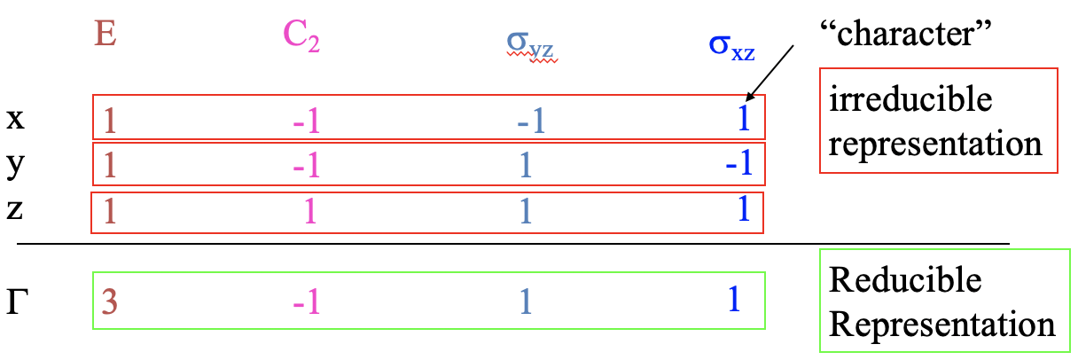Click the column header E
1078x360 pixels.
pyautogui.click(x=105, y=35)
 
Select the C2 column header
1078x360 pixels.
pyautogui.click(x=301, y=36)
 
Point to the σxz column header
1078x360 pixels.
pyautogui.click(x=731, y=47)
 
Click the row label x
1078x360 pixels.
pyautogui.click(x=15, y=119)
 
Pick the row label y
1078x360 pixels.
pyautogui.click(x=15, y=165)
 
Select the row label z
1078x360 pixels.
pyautogui.click(x=14, y=209)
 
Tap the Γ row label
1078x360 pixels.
pyautogui.click(x=17, y=301)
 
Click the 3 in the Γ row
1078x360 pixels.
pyautogui.click(x=110, y=301)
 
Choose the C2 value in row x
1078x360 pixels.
pyautogui.click(x=307, y=121)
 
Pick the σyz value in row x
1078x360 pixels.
pyautogui.click(x=531, y=121)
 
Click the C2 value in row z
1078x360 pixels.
pyautogui.click(x=310, y=211)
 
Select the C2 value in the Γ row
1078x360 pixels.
pyautogui.click(x=307, y=301)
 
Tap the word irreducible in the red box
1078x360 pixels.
pyautogui.click(x=910, y=98)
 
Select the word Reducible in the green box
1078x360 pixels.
pyautogui.click(x=905, y=279)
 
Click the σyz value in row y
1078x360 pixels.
pyautogui.click(x=526, y=165)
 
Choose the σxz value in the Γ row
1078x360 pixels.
pyautogui.click(x=734, y=300)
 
